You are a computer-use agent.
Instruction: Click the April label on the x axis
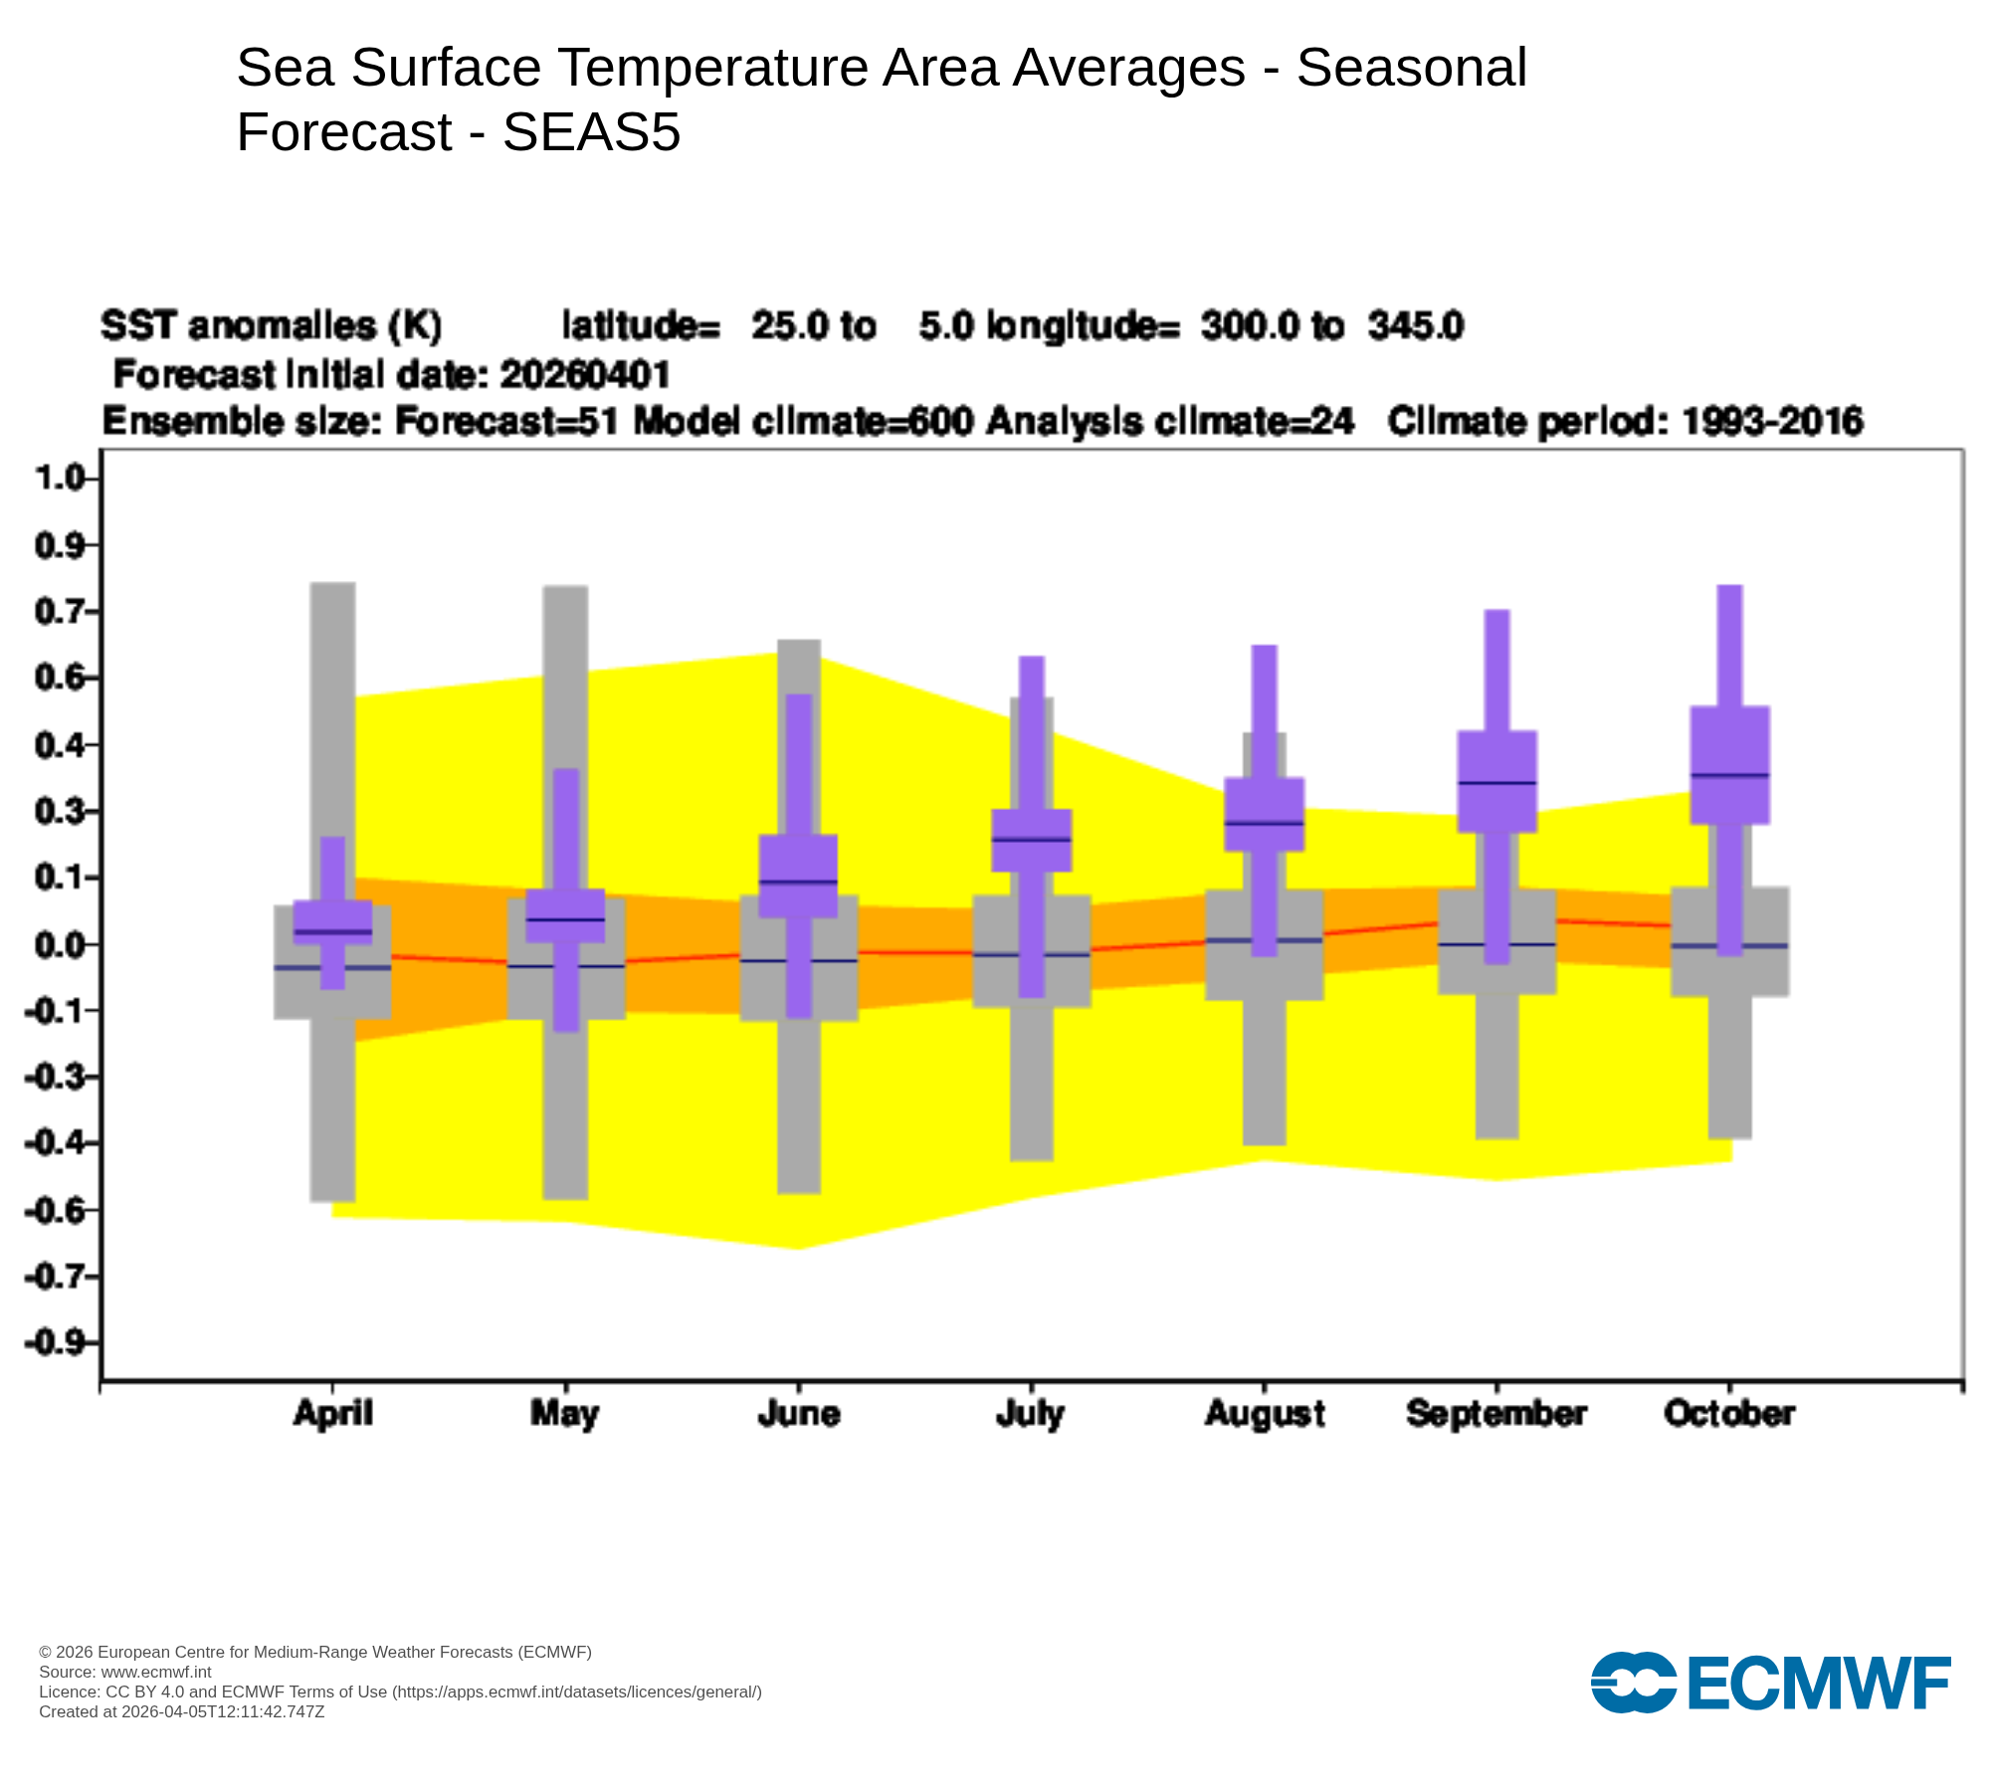click(332, 1414)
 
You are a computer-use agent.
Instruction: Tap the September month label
click(1496, 1414)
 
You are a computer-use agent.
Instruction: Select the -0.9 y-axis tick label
click(57, 1343)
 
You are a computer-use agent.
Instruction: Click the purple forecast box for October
click(1730, 764)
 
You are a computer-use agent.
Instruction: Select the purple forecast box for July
click(1032, 841)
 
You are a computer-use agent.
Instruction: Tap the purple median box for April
click(332, 922)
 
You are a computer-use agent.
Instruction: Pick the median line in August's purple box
click(1264, 823)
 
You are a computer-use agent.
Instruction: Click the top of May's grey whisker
click(565, 588)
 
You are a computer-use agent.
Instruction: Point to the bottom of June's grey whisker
click(798, 1191)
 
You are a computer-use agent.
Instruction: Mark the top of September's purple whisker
click(1496, 612)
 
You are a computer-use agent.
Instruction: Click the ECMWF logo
click(1770, 1683)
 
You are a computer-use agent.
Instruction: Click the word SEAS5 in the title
click(591, 132)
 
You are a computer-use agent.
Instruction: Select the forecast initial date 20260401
click(585, 375)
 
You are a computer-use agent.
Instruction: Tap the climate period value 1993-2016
click(1772, 422)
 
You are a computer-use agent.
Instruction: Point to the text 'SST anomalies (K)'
click(271, 325)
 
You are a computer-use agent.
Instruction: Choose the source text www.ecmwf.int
click(156, 1672)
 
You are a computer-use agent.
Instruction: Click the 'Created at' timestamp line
click(181, 1711)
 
